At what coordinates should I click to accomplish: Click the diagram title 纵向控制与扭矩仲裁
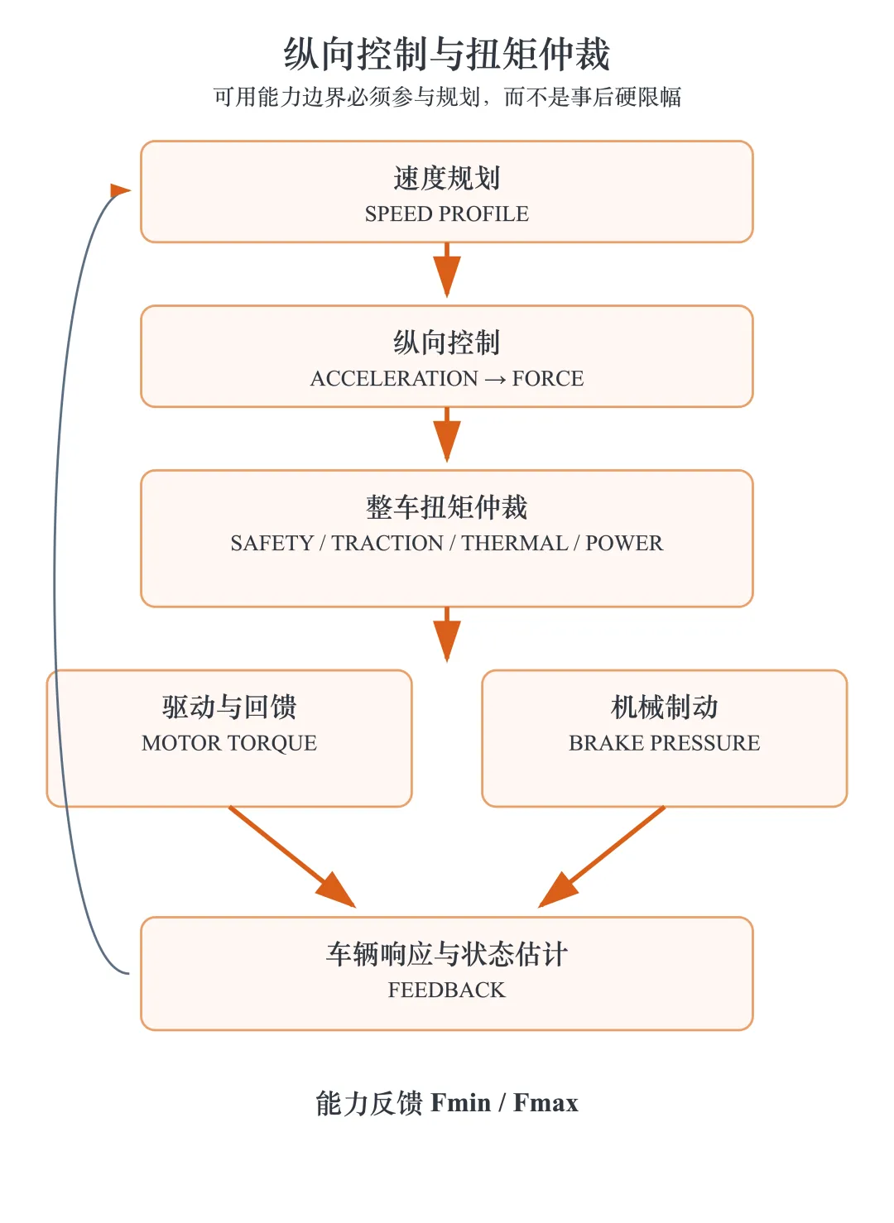446,54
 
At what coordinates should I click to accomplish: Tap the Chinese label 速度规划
446,178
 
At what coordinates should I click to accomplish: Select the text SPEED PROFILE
446,213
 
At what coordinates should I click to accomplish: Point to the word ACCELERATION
394,378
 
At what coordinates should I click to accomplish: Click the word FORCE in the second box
548,378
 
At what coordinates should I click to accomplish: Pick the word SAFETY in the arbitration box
272,544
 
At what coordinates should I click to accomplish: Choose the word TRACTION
387,544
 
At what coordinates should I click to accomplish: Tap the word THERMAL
515,544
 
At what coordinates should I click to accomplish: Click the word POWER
624,544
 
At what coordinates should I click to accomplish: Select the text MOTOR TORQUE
228,743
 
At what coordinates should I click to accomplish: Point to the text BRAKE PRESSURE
664,743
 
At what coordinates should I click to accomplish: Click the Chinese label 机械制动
664,707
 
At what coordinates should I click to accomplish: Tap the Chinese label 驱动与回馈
228,707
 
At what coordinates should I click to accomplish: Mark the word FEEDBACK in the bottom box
446,990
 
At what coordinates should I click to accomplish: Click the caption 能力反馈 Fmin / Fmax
446,1103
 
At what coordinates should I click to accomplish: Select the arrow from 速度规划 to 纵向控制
447,270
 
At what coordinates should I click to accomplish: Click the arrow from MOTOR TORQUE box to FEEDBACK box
292,856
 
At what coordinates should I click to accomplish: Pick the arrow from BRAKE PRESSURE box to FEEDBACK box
601,856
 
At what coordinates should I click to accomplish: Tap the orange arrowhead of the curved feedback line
120,190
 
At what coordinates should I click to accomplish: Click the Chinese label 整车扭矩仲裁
446,507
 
